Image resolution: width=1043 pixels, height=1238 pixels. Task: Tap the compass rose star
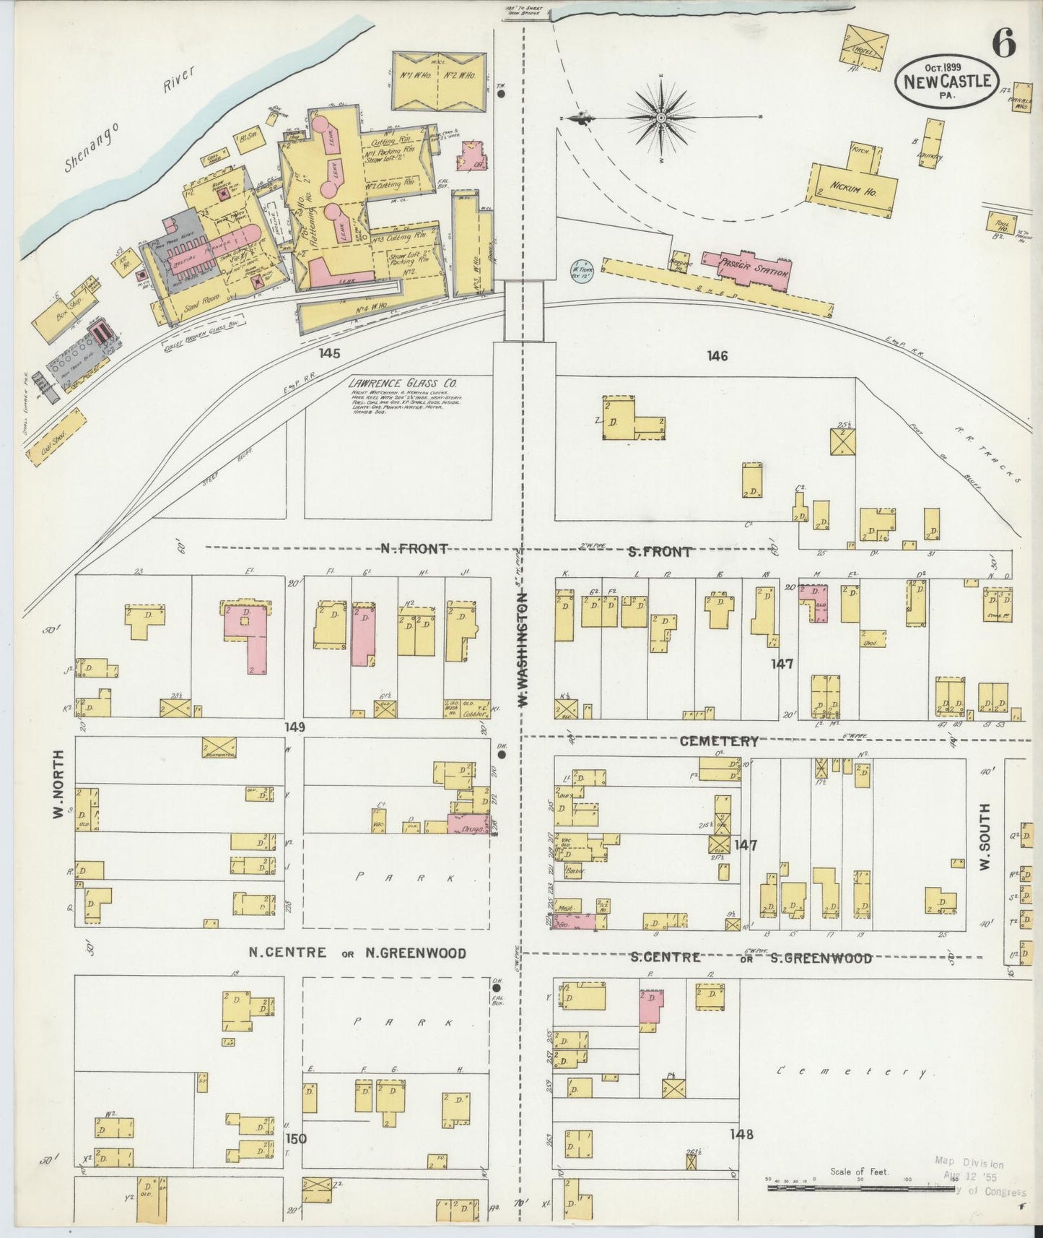point(661,117)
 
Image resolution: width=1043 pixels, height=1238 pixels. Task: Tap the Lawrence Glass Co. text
point(396,384)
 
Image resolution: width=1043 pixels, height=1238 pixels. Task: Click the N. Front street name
point(414,549)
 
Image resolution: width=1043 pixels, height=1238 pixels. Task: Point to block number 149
point(294,727)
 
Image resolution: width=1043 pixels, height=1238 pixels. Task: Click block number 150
point(296,1139)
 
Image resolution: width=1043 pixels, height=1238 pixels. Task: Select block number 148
point(741,1135)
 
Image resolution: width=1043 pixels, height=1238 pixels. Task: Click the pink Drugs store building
point(468,824)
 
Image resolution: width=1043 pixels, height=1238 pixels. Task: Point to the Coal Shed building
point(56,438)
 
